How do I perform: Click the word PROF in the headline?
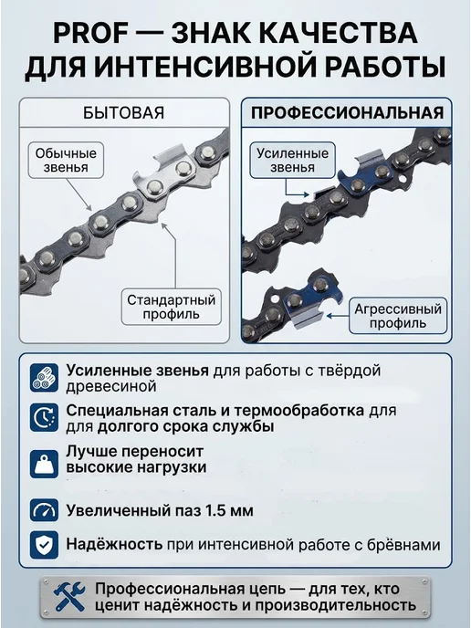[x=90, y=33]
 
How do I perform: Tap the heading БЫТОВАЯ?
[x=124, y=113]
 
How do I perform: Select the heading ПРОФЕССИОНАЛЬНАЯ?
[x=347, y=113]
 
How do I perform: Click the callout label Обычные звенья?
[x=66, y=161]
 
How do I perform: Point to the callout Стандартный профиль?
[x=172, y=307]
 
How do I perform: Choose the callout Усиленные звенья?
[x=292, y=161]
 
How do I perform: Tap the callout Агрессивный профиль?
[x=398, y=316]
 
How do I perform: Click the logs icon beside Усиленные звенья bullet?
[x=44, y=378]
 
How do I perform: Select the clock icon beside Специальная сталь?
[x=44, y=417]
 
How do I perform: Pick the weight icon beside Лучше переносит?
[x=44, y=464]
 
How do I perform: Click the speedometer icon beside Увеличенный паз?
[x=44, y=510]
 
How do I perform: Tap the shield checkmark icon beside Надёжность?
[x=44, y=545]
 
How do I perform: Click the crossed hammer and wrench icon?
[x=69, y=596]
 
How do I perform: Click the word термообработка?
[x=299, y=411]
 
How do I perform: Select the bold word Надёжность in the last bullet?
[x=114, y=544]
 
